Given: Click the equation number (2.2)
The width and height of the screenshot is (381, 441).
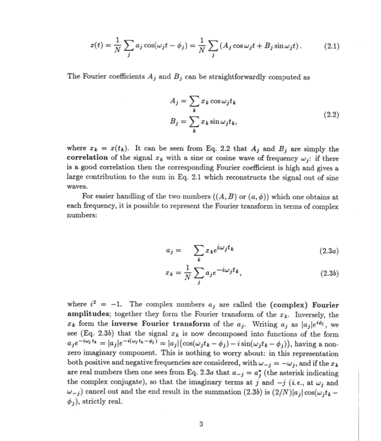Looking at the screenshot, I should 333,115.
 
